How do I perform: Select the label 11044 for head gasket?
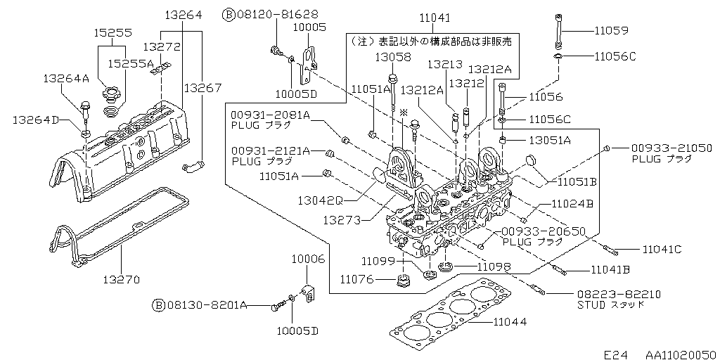[509, 322]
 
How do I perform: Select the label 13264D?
[35, 120]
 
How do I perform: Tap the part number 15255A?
[131, 63]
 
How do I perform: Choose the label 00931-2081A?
[270, 115]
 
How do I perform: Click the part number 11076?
[356, 279]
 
